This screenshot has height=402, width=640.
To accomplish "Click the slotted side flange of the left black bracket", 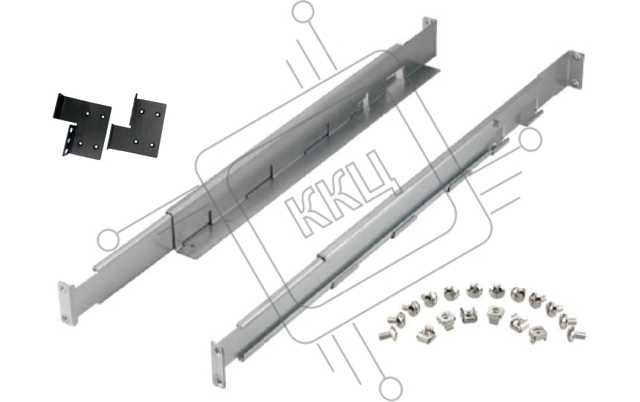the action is tap(70, 140).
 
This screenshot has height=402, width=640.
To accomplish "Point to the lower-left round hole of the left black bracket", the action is tap(80, 143).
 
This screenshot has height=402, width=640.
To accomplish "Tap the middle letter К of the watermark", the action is tap(342, 191).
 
